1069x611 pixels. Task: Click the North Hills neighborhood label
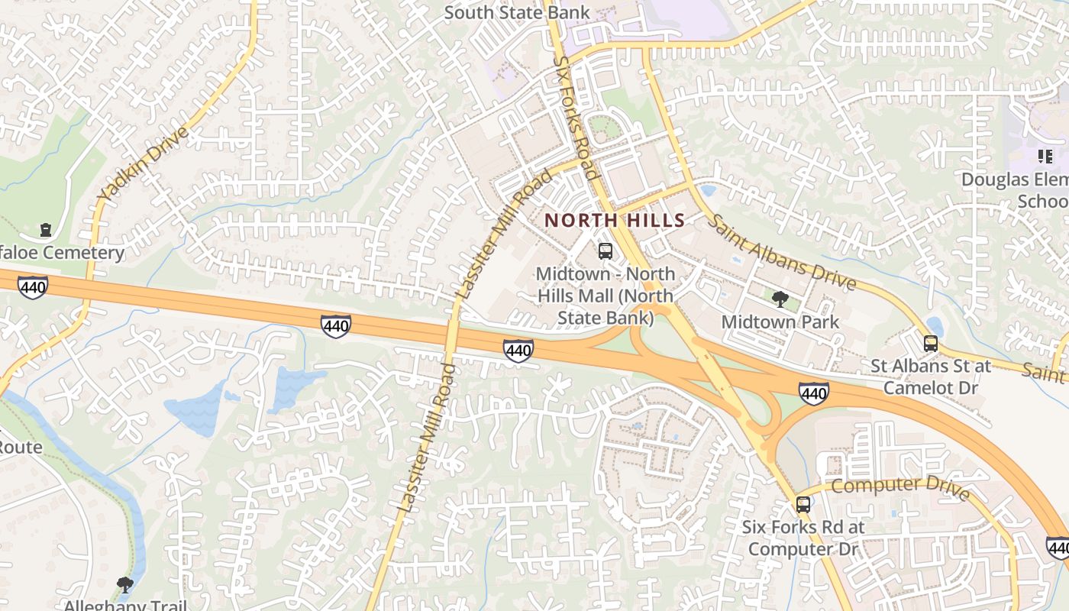[615, 221]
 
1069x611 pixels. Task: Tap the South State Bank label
[517, 12]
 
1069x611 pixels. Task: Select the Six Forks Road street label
[577, 117]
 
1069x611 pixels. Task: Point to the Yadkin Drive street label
[144, 166]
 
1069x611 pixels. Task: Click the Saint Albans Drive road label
[783, 252]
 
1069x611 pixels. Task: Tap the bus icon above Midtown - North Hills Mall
[606, 251]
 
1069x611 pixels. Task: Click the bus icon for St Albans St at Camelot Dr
[931, 344]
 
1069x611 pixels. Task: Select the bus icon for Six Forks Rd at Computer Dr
[803, 504]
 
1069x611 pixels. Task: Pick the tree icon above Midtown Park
[780, 299]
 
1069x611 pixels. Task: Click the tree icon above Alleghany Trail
[125, 585]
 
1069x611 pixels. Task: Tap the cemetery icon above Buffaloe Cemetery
[46, 230]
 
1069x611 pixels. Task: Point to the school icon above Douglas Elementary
[1045, 157]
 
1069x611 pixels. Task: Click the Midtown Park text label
[780, 322]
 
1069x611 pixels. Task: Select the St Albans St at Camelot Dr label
[931, 377]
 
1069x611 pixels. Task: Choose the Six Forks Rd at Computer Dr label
[803, 538]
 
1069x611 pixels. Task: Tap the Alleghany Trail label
[125, 606]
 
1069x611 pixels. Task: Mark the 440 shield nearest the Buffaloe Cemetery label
[33, 287]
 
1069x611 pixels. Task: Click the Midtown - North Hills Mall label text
[606, 296]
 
